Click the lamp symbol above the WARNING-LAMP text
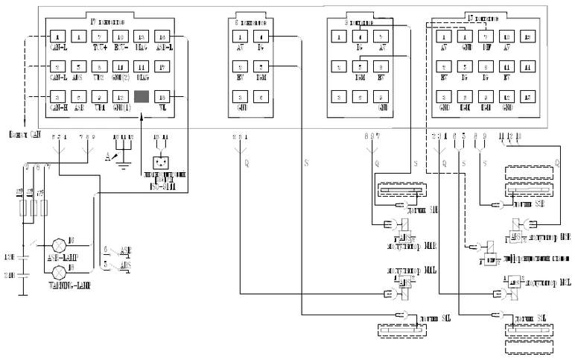point(59,272)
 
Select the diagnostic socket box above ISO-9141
point(160,162)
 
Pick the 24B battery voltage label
point(10,274)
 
